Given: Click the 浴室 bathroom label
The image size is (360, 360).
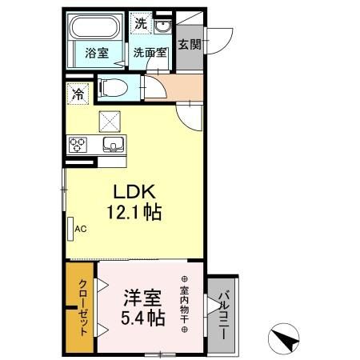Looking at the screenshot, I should click(97, 54).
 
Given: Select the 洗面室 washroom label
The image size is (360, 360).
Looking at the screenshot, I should click(150, 54).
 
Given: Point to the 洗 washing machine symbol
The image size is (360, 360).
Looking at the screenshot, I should click(141, 24).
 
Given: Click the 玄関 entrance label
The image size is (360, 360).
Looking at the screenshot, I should click(190, 45).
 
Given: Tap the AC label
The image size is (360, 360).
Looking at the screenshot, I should click(80, 229).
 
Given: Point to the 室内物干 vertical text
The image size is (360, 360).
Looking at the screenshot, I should click(183, 305).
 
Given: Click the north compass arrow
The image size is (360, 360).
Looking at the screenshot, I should click(285, 338).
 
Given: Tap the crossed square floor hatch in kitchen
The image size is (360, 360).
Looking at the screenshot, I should click(109, 120).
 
